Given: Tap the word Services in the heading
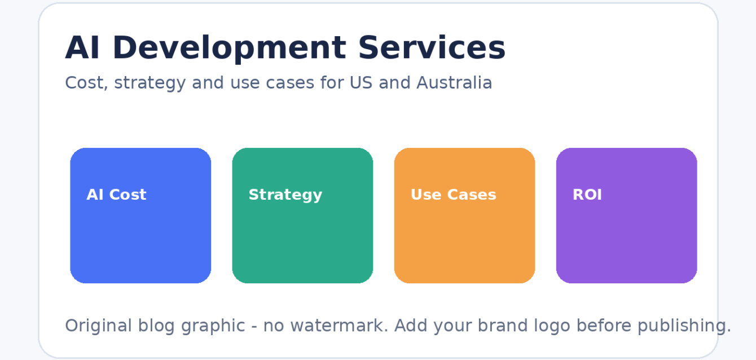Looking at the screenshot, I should [432, 48].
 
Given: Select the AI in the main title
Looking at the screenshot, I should [82, 48].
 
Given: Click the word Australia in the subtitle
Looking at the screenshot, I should [454, 83].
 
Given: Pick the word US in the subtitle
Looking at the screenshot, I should [361, 83].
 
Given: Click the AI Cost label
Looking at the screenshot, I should [116, 195].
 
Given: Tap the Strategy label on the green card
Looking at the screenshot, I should [285, 195].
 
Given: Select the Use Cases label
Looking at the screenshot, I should [453, 195].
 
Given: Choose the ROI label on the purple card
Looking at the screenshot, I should [587, 195].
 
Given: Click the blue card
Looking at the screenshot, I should [140, 237].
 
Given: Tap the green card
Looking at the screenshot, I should [302, 237].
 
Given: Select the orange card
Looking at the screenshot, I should [464, 237].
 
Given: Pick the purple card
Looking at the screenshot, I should [626, 237].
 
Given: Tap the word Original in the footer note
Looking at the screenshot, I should [98, 326].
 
